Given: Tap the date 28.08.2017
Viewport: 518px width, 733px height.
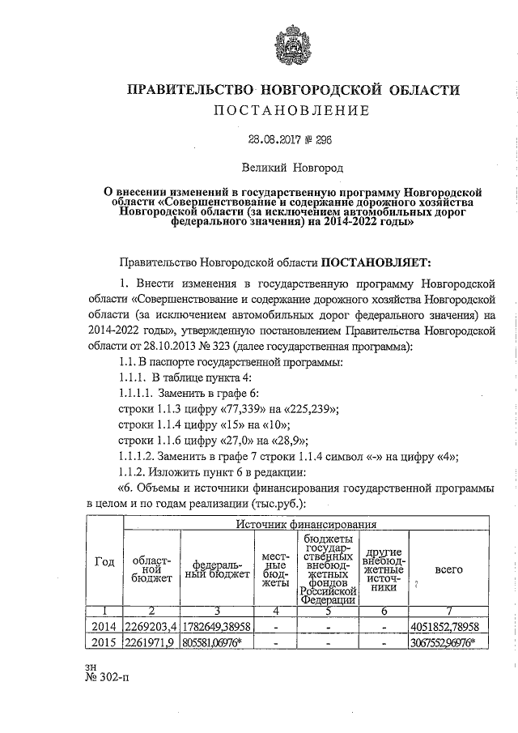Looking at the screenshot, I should coord(272,139).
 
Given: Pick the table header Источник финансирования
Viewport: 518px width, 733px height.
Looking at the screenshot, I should coord(306,525).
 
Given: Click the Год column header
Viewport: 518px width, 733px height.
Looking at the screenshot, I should coord(104,564).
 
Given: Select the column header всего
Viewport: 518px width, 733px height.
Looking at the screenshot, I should coord(448,569).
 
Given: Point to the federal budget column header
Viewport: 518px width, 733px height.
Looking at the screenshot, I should coord(213,569).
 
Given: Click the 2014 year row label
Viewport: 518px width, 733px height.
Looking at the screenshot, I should coord(104,626).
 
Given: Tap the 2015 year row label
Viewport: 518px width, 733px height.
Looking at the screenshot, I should coord(104,642).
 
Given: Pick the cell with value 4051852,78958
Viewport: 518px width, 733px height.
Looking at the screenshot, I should coord(448,626).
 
